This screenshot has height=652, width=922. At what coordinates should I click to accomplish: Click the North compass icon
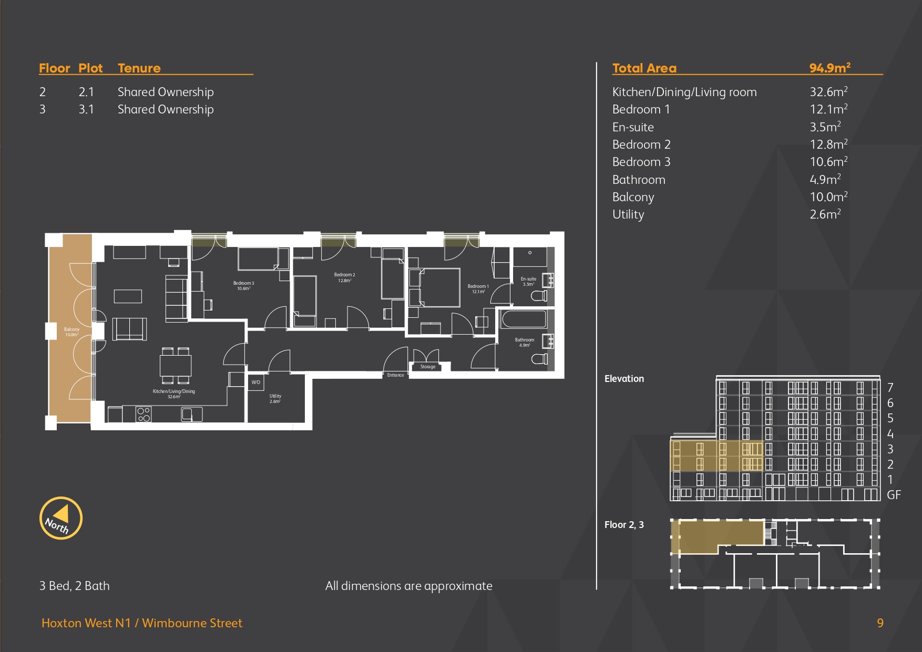click(61, 518)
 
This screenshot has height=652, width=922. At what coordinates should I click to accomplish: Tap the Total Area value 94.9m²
click(829, 68)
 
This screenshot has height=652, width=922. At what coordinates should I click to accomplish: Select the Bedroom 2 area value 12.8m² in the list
click(828, 144)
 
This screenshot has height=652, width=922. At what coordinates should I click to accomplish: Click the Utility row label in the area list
click(628, 214)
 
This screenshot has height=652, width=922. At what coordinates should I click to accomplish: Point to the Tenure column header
click(139, 68)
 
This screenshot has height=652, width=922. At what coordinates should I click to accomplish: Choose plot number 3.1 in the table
click(86, 109)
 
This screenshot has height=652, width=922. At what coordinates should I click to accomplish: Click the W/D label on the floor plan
click(256, 382)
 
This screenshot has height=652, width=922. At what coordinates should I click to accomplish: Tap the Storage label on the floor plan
click(428, 367)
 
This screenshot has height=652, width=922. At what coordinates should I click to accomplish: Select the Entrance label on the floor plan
click(395, 375)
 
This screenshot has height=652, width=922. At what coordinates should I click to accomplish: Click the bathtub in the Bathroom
click(524, 319)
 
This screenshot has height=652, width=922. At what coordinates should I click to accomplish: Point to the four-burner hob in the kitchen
click(144, 415)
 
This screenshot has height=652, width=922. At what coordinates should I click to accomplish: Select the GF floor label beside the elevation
click(894, 495)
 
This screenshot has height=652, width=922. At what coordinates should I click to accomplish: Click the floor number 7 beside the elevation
click(890, 388)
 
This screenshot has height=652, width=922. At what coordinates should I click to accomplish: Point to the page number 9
click(880, 623)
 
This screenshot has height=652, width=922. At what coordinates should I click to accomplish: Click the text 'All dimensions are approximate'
click(409, 586)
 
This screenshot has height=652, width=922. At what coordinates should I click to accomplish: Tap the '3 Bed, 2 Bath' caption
click(75, 586)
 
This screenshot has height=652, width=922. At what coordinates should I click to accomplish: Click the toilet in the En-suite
click(539, 296)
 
